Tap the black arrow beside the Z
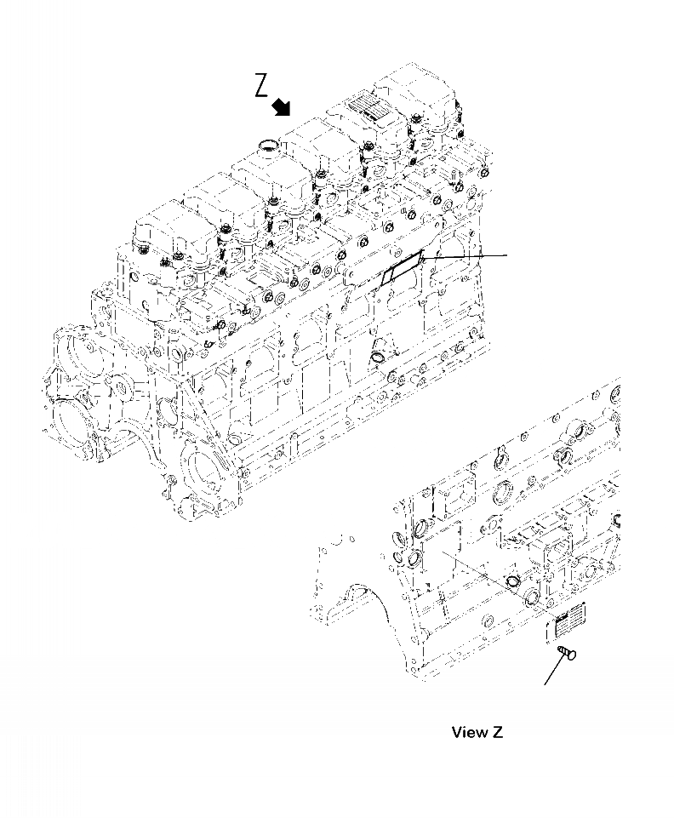(281, 106)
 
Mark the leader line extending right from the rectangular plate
(468, 255)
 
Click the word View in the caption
(469, 732)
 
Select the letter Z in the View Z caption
(498, 732)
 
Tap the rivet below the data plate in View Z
(563, 653)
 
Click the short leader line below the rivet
(552, 672)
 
